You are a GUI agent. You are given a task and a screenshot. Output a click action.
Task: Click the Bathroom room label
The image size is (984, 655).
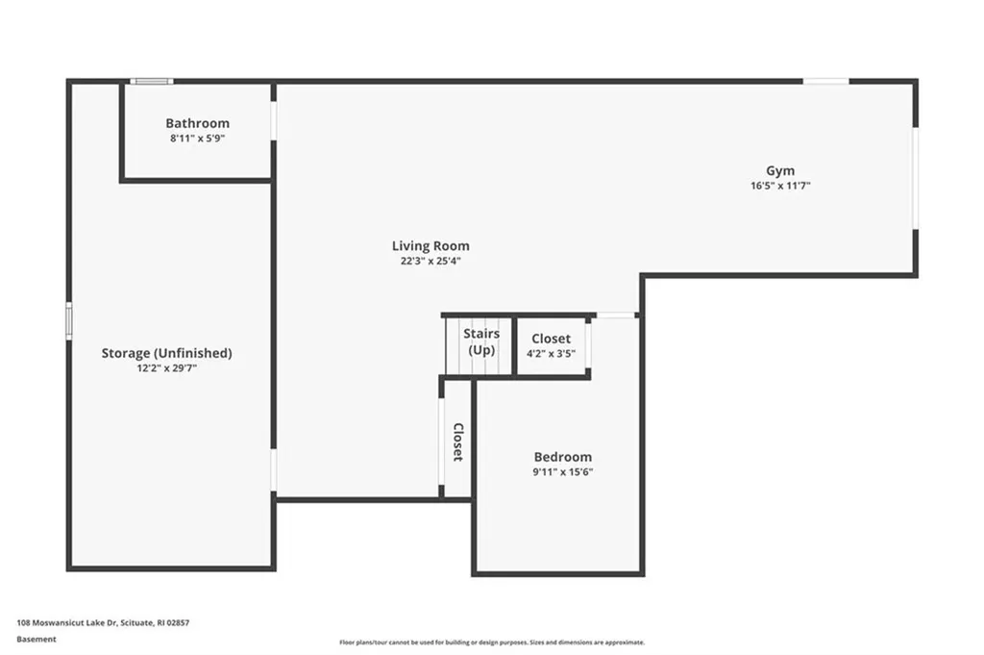[x=197, y=123]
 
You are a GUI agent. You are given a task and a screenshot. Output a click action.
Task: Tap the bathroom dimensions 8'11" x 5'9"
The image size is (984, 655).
[x=197, y=139]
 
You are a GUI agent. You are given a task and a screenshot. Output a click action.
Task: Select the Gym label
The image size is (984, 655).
[x=780, y=170]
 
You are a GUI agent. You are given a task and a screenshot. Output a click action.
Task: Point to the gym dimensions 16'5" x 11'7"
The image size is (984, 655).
[x=780, y=186]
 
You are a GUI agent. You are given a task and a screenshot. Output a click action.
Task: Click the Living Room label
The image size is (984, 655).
[x=430, y=246]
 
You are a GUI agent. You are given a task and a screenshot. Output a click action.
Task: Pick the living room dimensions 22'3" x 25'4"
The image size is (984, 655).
[x=430, y=261]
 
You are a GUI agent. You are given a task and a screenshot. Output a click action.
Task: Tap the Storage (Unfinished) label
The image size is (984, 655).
[x=166, y=353]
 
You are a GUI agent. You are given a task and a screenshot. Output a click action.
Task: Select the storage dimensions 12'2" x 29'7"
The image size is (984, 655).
[x=166, y=367]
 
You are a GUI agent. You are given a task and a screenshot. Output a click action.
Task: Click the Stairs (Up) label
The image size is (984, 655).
[x=481, y=341]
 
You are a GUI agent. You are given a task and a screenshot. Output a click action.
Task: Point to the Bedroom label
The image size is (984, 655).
[x=563, y=457]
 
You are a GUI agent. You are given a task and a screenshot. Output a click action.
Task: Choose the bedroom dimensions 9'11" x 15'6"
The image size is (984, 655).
[x=563, y=471]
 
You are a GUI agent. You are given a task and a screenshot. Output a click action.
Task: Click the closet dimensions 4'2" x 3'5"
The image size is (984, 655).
[x=551, y=354]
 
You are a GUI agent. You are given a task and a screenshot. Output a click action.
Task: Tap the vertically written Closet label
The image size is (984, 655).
[x=458, y=441]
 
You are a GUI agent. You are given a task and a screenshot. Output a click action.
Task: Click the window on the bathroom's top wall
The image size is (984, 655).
[x=152, y=82]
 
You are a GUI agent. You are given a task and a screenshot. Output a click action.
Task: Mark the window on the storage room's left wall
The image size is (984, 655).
[x=68, y=320]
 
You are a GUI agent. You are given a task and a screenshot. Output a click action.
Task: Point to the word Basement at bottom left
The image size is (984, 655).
[x=37, y=639]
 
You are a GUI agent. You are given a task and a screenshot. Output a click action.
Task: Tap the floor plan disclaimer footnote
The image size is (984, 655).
[x=491, y=642]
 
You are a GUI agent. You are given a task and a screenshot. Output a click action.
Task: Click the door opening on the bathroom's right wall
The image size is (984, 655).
[x=274, y=121]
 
